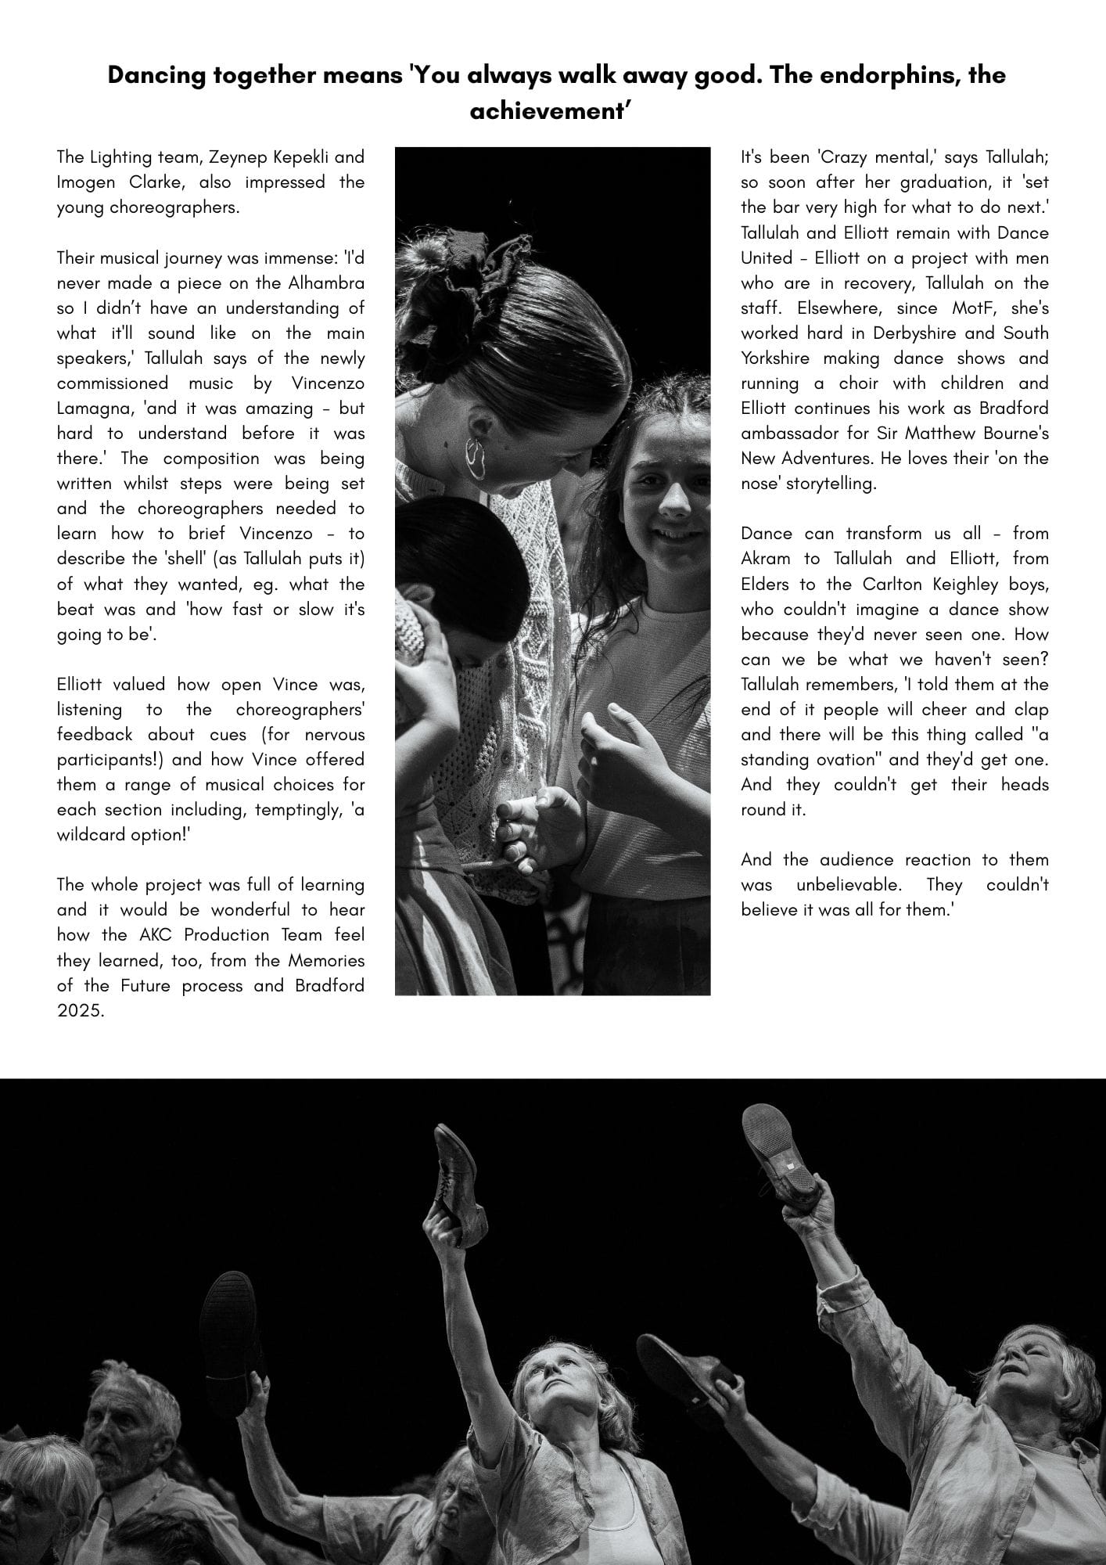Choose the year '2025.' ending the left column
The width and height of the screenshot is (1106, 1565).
click(80, 1010)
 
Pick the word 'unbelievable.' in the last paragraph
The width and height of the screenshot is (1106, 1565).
click(849, 884)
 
